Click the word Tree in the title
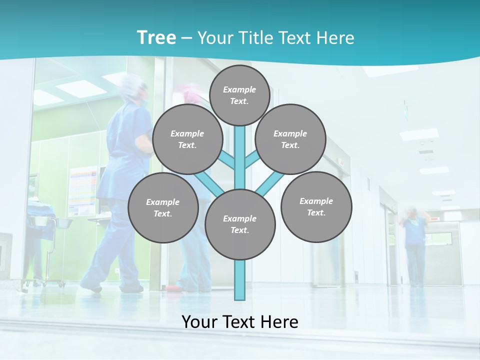point(156,37)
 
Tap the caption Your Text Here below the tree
point(240,322)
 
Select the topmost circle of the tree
point(240,95)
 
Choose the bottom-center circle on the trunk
point(240,224)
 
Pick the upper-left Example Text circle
point(187,139)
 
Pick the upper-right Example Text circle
point(290,139)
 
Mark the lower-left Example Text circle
point(163,208)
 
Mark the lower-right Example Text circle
point(316,207)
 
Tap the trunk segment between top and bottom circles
point(240,160)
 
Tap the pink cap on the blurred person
point(187,92)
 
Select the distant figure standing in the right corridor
point(414,245)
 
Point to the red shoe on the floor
point(172,288)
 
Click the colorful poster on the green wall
point(82,190)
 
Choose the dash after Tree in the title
point(186,38)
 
